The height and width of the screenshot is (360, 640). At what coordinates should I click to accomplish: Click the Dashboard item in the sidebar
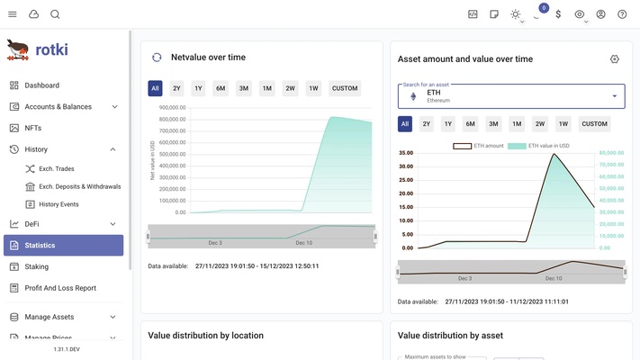pos(42,85)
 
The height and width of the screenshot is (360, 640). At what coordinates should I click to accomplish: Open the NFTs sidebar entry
pos(32,128)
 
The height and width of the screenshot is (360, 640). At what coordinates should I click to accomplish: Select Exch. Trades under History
pos(56,169)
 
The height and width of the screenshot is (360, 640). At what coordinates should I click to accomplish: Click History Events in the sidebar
pos(59,204)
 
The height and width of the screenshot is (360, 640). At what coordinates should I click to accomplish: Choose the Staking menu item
pos(36,266)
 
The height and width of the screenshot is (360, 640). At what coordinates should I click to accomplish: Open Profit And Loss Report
pos(60,288)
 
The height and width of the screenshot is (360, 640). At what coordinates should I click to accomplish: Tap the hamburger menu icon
pos(13,14)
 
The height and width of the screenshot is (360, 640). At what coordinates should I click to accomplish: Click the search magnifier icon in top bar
pos(55,14)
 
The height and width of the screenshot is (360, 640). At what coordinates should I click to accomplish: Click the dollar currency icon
pos(559,14)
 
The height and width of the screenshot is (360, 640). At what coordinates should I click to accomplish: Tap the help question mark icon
pos(622,14)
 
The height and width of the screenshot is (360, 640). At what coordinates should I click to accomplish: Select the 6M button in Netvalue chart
pos(221,88)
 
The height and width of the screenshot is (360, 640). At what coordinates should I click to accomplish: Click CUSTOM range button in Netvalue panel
pos(345,88)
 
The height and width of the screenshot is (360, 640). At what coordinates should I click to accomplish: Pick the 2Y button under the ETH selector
pos(427,124)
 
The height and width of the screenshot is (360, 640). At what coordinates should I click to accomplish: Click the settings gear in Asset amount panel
pos(615,59)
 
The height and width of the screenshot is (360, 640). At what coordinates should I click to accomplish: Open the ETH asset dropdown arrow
pos(615,96)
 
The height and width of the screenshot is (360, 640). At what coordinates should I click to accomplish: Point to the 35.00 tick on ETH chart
pos(404,153)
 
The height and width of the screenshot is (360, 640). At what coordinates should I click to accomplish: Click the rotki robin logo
pos(17,49)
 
